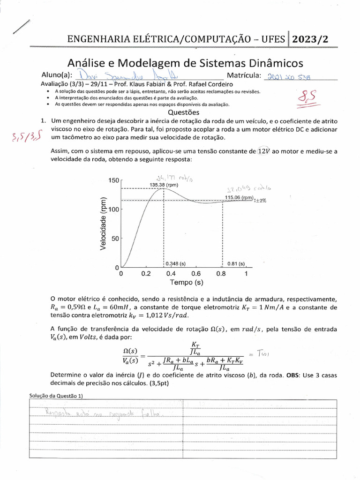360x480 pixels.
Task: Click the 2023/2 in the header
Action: tap(310, 39)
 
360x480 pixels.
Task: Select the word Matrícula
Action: tap(247, 75)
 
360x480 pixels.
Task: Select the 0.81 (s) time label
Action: tap(236, 264)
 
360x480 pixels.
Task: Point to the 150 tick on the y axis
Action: tap(114, 180)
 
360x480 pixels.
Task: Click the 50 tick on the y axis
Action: tap(116, 239)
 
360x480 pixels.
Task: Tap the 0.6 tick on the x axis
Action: tap(196, 274)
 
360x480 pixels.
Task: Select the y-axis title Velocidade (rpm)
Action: tap(104, 223)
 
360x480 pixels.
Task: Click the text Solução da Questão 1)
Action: tap(55, 396)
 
